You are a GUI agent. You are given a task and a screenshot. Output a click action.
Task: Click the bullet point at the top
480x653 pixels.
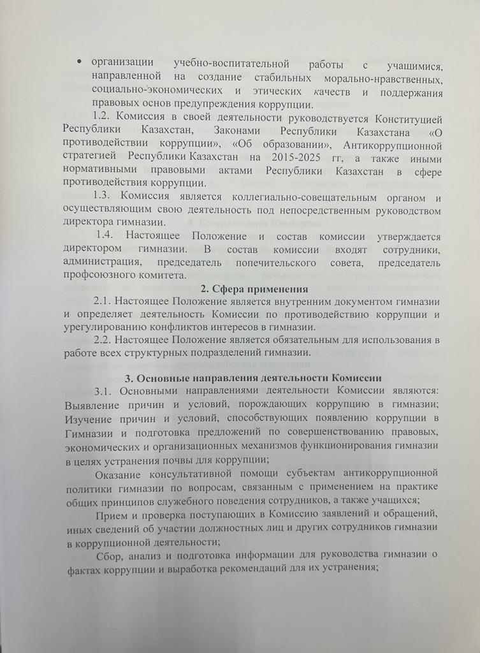pos(78,62)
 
